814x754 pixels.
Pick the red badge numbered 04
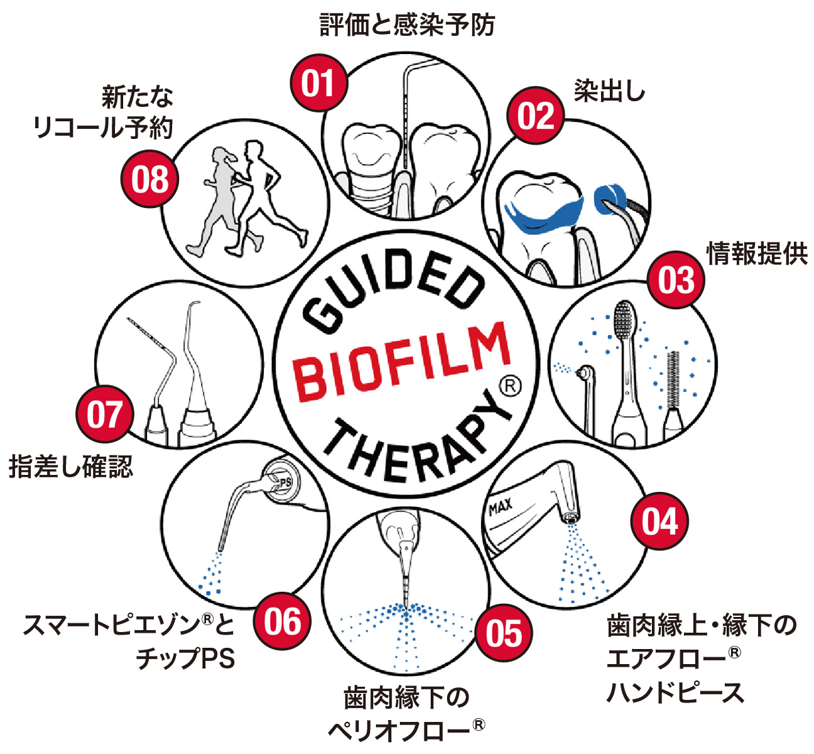tap(659, 522)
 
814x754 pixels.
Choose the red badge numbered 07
tap(105, 415)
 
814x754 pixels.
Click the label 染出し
tap(609, 92)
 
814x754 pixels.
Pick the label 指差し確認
tap(71, 467)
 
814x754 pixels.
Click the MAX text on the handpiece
tap(501, 506)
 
